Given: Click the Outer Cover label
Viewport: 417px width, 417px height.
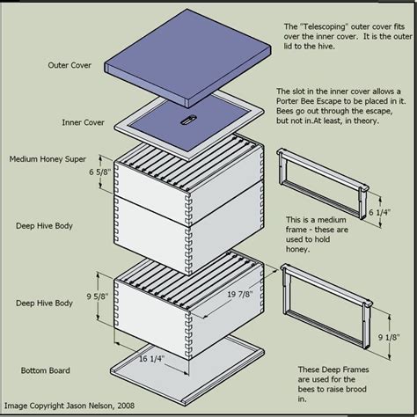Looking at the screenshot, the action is click(x=69, y=65).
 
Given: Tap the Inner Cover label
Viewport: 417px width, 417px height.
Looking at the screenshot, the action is click(x=83, y=122).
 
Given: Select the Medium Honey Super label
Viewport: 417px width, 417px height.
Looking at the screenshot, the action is click(x=48, y=159).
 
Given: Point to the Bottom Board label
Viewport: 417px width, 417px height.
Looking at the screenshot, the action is click(x=46, y=370).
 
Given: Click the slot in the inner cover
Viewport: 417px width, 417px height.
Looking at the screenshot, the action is click(x=187, y=120).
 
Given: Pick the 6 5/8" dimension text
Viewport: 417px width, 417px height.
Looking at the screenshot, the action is click(x=100, y=172).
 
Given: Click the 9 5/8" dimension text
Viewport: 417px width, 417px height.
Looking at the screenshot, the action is click(x=98, y=296).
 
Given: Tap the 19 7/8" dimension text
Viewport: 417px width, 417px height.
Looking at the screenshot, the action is click(x=240, y=294).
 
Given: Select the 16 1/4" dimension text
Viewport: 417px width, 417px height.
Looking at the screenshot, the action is click(x=151, y=359).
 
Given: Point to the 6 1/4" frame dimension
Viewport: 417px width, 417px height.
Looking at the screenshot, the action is click(x=379, y=212).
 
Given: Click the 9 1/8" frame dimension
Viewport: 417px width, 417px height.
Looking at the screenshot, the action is click(x=389, y=337).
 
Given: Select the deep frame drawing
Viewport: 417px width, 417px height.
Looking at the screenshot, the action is click(x=326, y=305).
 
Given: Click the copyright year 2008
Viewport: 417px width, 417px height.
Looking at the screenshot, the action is click(x=126, y=406).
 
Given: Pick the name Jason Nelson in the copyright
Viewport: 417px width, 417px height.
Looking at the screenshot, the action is click(x=89, y=406).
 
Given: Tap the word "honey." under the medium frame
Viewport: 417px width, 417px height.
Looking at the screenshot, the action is click(x=297, y=249).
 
